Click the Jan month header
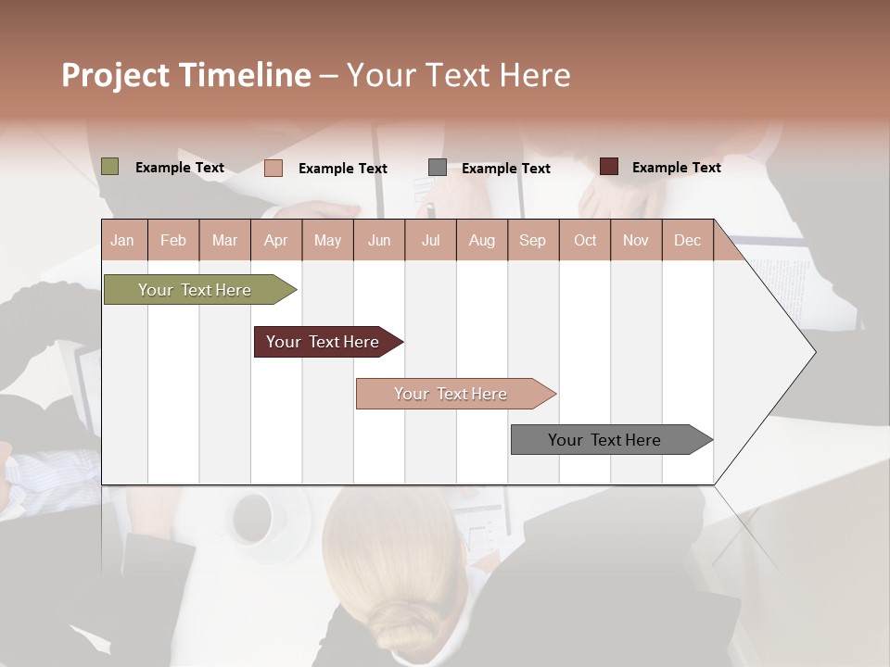pos(122,240)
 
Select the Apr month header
pos(276,240)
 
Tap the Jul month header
pos(430,240)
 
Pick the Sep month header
pos(532,240)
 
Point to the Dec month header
pos(687,240)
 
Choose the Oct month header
pos(585,240)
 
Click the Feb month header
pos(173,240)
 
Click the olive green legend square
pos(109,167)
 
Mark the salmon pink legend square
pos(273,168)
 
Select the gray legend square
pos(438,168)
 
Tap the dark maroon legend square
pos(609,167)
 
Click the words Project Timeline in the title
pos(185,75)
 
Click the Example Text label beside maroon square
pos(676,168)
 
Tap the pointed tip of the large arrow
pos(813,351)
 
